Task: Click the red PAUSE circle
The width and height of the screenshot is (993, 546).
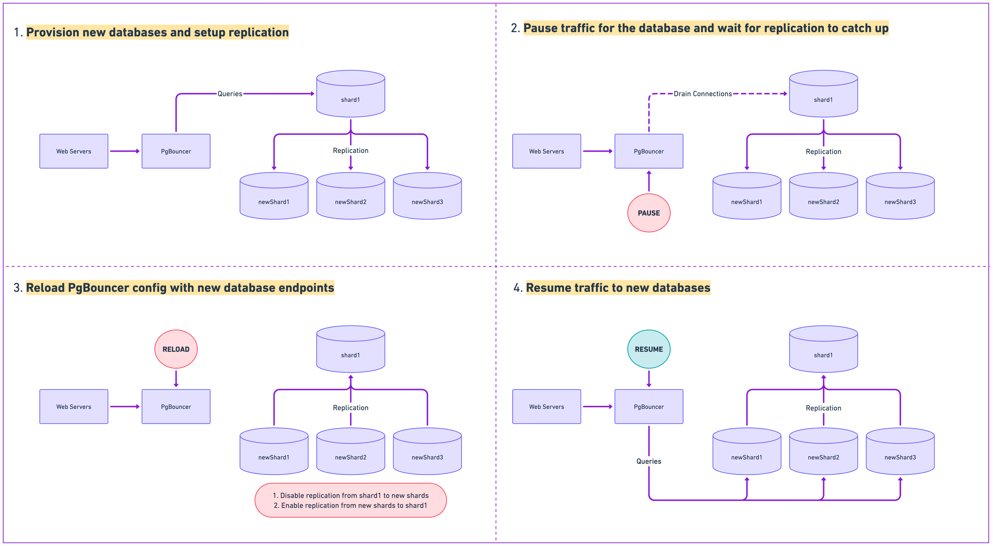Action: tap(649, 213)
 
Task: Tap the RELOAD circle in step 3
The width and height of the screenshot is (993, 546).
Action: tap(176, 349)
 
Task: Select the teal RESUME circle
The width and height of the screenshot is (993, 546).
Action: tap(649, 349)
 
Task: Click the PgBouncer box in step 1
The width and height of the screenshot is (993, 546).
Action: tap(176, 151)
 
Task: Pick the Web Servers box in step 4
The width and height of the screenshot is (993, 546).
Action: tap(546, 406)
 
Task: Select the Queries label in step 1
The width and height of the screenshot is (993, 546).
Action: tap(230, 94)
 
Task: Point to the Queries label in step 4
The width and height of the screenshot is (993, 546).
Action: tap(649, 461)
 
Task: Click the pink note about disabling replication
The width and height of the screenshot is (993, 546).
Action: tap(350, 500)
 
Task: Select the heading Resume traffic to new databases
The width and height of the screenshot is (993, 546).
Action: tap(618, 288)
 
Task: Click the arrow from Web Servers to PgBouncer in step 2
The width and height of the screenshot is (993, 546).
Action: tap(597, 151)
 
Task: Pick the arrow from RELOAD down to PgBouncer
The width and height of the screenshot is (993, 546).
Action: tap(176, 378)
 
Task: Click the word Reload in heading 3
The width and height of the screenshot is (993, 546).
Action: tap(45, 288)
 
